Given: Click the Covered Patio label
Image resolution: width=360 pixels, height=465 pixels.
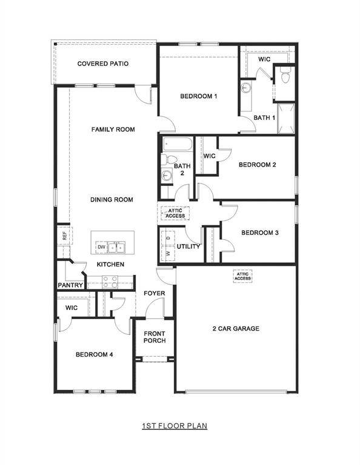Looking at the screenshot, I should [x=102, y=64].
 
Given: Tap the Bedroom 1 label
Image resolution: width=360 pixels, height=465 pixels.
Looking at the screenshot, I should [x=198, y=96].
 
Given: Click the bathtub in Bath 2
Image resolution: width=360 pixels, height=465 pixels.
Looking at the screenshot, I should [x=178, y=144].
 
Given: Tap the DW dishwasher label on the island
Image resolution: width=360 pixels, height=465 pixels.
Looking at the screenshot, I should [x=102, y=247].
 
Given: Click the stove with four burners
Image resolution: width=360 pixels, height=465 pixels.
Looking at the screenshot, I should [x=110, y=282].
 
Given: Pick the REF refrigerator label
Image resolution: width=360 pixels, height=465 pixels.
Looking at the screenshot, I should [x=64, y=235].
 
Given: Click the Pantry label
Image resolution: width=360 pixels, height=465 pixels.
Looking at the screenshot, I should [x=70, y=285].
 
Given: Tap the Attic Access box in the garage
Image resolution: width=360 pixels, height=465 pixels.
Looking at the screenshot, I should [x=242, y=276].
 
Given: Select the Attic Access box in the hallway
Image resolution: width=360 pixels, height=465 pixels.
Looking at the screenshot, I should [x=175, y=213].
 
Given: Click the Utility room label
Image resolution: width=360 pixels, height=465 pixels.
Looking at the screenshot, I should [x=188, y=246].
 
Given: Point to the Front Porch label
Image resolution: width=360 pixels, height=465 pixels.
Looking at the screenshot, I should [x=155, y=337].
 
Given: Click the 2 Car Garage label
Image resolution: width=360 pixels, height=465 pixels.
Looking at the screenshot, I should [x=236, y=329].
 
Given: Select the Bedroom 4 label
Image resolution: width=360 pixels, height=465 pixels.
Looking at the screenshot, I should [x=95, y=355].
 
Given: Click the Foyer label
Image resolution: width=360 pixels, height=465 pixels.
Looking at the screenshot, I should [x=155, y=294].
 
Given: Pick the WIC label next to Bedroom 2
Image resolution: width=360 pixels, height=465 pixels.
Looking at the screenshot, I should [x=210, y=156].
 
